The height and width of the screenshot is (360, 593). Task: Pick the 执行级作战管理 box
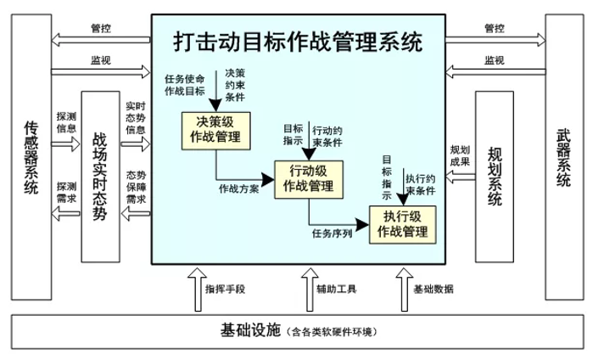(x=401, y=224)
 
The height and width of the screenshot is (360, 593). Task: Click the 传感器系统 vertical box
(x=31, y=158)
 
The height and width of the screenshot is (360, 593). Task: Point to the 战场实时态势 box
(x=100, y=176)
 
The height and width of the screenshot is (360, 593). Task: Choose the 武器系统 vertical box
(x=563, y=158)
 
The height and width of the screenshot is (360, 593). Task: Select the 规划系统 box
(x=495, y=176)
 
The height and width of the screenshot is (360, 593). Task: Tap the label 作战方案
(x=238, y=188)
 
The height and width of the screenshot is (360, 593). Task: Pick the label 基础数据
(x=433, y=290)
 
